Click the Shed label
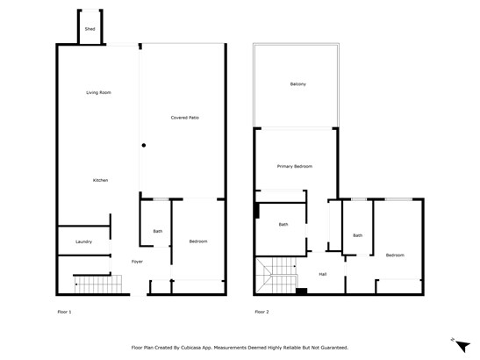[x=90, y=29]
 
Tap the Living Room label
[x=98, y=92]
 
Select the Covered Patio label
[x=185, y=118]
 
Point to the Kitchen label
[x=100, y=180]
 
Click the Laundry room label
[x=84, y=241]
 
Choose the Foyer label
[x=137, y=262]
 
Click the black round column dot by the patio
[x=144, y=145]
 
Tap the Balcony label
[x=298, y=84]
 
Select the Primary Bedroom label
[x=295, y=166]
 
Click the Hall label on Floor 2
[x=323, y=274]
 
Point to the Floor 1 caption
[x=64, y=312]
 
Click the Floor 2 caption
[x=261, y=312]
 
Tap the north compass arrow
[x=462, y=346]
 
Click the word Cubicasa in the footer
[x=191, y=348]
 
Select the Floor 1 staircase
[x=98, y=284]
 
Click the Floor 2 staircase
[x=276, y=275]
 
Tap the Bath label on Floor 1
[x=158, y=231]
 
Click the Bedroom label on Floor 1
[x=198, y=241]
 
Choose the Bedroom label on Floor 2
[x=395, y=256]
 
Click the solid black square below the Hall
[x=302, y=292]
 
